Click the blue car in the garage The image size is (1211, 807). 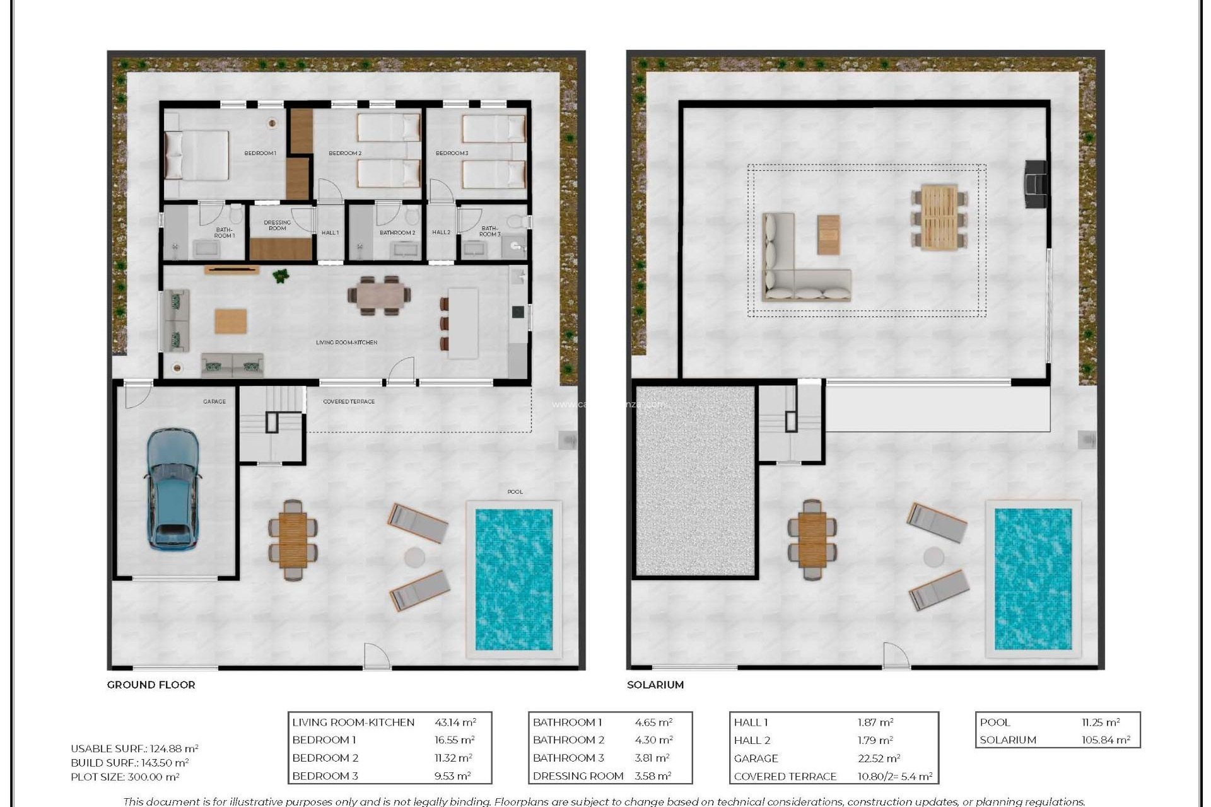click(x=172, y=489)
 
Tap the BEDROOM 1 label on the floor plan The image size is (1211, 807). click(x=260, y=153)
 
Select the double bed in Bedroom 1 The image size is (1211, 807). click(x=197, y=155)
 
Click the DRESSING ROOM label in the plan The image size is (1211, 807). click(x=277, y=225)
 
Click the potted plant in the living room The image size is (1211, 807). click(x=281, y=276)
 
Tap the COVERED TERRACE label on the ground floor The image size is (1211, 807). click(x=349, y=402)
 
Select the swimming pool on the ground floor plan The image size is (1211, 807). click(x=513, y=579)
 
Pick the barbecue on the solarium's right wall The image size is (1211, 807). click(x=1035, y=183)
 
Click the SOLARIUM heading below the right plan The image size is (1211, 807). click(x=655, y=685)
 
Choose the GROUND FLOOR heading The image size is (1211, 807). click(x=151, y=685)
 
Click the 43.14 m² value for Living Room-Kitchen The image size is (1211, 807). click(x=455, y=723)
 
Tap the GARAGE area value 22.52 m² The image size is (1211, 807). click(x=878, y=758)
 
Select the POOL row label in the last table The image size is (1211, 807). click(x=995, y=723)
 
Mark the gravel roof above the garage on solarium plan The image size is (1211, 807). click(x=695, y=481)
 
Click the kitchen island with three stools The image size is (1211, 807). click(x=462, y=323)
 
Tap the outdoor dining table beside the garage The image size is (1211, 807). click(x=293, y=540)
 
